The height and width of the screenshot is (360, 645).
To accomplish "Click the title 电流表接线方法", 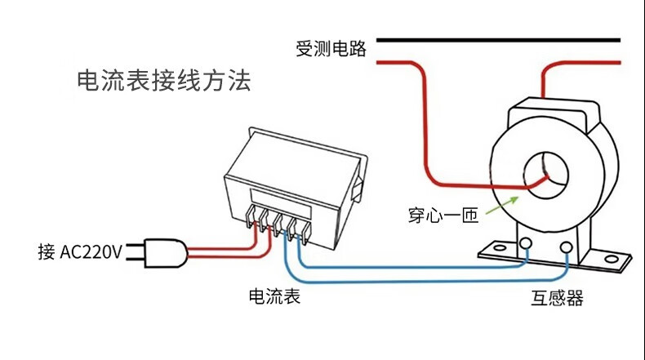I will [x=162, y=82].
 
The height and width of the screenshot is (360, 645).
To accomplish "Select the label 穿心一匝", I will [x=443, y=216].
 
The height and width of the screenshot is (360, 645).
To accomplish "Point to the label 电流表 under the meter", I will [x=274, y=296].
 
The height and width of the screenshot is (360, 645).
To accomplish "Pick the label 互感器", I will [x=558, y=298].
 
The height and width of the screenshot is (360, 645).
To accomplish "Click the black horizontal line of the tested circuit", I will [x=498, y=39].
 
